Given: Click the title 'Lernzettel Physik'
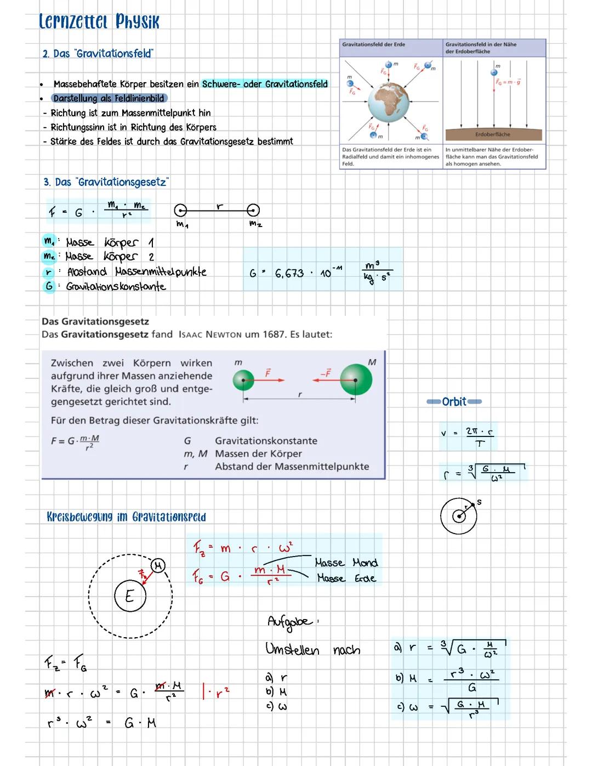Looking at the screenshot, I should [99, 21].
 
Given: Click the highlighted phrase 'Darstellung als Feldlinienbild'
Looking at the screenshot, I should [109, 98].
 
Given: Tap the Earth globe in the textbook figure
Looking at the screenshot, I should [388, 102].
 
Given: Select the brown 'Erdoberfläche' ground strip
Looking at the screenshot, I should [493, 134].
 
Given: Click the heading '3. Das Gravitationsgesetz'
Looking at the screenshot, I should [106, 182].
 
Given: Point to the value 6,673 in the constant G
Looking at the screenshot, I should [289, 273].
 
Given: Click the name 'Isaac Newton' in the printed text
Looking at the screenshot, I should [210, 334].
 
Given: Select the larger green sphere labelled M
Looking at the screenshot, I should [356, 379].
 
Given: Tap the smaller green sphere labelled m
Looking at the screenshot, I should [243, 379].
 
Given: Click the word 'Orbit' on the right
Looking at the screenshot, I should [454, 402].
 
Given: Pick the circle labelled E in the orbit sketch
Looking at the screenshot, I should [130, 596].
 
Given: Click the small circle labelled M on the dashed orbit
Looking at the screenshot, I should [158, 565].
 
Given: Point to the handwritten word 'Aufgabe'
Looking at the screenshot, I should [289, 621].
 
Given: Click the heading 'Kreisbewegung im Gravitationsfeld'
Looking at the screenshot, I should [126, 517].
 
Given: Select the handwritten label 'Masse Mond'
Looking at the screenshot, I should [346, 563].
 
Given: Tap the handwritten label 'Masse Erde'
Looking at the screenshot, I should [346, 578].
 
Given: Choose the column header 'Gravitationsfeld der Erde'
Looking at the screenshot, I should [374, 44].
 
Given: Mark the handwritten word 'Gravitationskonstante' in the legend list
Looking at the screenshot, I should [116, 287].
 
